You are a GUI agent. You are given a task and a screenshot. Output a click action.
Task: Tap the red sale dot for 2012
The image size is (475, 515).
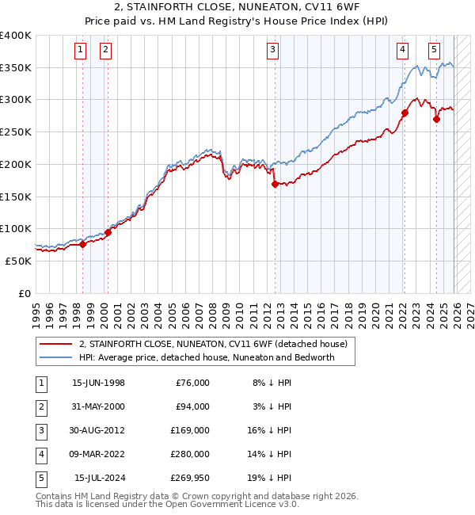coord(275,184)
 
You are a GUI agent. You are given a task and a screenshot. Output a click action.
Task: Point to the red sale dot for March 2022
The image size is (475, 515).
coord(404,113)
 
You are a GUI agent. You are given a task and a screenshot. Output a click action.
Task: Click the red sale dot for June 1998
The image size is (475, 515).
coord(82,244)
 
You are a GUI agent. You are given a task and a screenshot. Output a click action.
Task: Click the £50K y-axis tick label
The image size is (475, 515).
coord(18,261)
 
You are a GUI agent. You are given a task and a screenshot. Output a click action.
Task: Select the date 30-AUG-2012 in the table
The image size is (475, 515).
coord(98,430)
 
